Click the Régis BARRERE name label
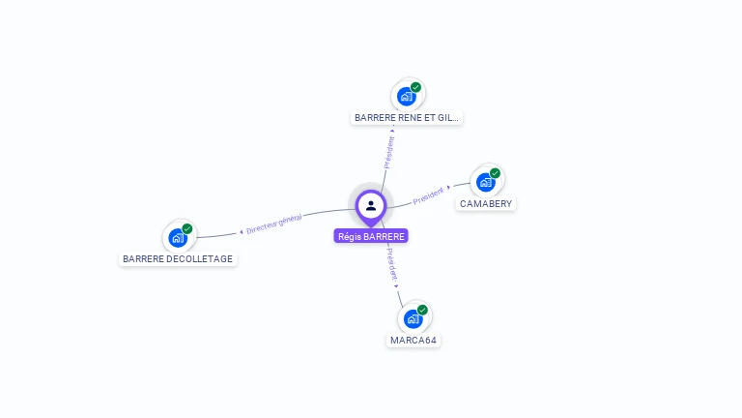pyautogui.click(x=371, y=236)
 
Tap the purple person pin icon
pyautogui.click(x=371, y=206)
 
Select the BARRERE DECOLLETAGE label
pyautogui.click(x=178, y=259)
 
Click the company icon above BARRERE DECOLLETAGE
pyautogui.click(x=178, y=237)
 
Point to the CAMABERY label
pyautogui.click(x=486, y=204)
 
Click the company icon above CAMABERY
pyautogui.click(x=486, y=181)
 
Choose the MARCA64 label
pyautogui.click(x=414, y=341)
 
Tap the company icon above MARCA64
pyautogui.click(x=414, y=318)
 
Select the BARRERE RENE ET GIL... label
pyautogui.click(x=407, y=118)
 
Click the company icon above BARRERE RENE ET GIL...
pyautogui.click(x=407, y=96)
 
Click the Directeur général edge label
pyautogui.click(x=274, y=224)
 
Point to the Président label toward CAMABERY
pyautogui.click(x=428, y=195)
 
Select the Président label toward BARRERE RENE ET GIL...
pyautogui.click(x=389, y=152)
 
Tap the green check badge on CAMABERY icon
pyautogui.click(x=495, y=173)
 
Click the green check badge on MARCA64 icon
pyautogui.click(x=422, y=310)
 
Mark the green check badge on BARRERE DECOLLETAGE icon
pyautogui.click(x=187, y=229)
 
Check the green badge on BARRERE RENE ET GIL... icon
pyautogui.click(x=415, y=87)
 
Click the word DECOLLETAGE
pyautogui.click(x=199, y=259)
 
